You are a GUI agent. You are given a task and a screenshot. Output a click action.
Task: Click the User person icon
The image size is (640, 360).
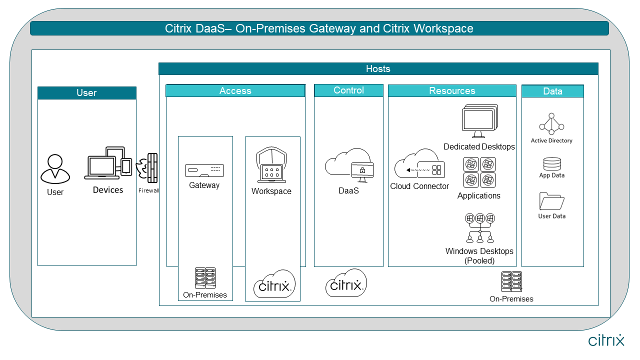[x=55, y=168]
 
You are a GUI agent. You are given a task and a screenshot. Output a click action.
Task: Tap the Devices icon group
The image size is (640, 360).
[x=108, y=163]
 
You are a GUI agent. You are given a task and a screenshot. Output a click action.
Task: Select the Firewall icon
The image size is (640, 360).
[x=148, y=168]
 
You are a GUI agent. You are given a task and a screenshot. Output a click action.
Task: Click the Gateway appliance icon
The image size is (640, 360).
[x=204, y=170]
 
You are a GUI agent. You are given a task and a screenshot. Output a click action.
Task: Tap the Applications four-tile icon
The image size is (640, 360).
[x=479, y=172]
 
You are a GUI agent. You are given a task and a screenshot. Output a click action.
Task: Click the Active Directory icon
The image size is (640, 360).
[x=551, y=124]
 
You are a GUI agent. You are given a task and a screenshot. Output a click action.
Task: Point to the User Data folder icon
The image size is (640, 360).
[x=552, y=201]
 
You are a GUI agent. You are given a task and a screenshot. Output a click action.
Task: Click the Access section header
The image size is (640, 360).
[x=235, y=90]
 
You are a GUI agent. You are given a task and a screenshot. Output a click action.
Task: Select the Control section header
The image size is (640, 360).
[x=348, y=90]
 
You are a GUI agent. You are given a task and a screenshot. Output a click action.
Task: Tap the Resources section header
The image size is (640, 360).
[x=452, y=90]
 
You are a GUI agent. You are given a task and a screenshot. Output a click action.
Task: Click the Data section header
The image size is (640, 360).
[x=552, y=91]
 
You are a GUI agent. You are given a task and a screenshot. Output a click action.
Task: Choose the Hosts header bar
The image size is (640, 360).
[x=378, y=68]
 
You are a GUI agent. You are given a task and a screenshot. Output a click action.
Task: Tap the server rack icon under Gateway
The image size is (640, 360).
[x=205, y=278]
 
